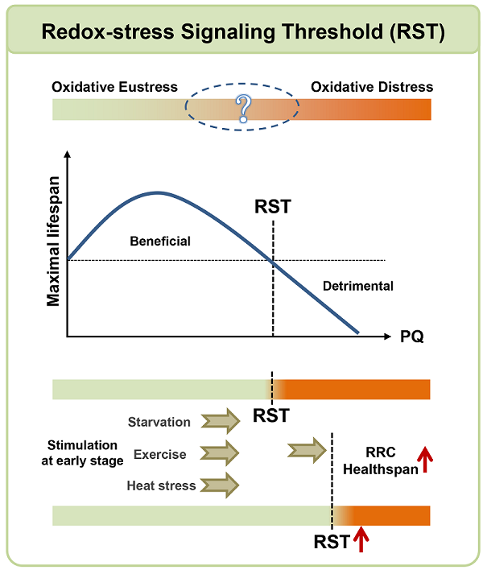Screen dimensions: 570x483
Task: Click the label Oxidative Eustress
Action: point(114,87)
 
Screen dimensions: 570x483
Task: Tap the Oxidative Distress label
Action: point(372,87)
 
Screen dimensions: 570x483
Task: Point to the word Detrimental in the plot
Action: point(357,286)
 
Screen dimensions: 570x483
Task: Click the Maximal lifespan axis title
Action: point(54,245)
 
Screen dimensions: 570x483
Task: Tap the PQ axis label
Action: point(412,337)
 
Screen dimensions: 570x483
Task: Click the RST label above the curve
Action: point(272,207)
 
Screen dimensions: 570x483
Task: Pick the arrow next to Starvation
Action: point(220,421)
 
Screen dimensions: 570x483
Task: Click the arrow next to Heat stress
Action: point(220,485)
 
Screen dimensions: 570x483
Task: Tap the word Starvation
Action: point(159,422)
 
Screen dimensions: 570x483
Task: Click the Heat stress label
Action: point(161,485)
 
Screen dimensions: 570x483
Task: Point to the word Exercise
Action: point(159,454)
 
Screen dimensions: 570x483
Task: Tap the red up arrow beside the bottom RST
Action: point(360,539)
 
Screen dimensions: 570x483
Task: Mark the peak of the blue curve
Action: point(158,192)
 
